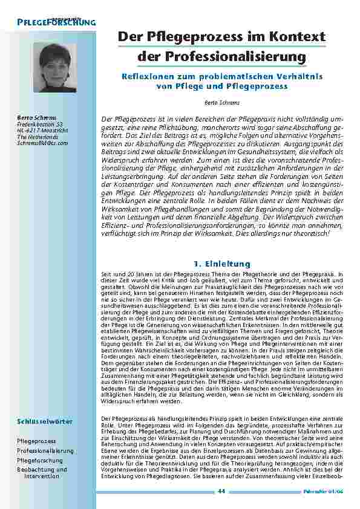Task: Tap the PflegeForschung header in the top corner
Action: [53, 22]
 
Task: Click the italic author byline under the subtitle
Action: [221, 103]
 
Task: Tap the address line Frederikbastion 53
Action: [41, 123]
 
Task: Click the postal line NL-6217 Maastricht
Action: [42, 129]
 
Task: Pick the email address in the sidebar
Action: [42, 143]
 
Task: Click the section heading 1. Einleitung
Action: [221, 264]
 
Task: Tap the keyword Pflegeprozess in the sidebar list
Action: [37, 441]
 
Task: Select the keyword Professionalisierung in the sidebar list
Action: [45, 451]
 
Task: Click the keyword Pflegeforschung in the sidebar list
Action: [41, 460]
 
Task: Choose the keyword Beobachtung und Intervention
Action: [42, 472]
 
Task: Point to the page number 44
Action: [221, 492]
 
